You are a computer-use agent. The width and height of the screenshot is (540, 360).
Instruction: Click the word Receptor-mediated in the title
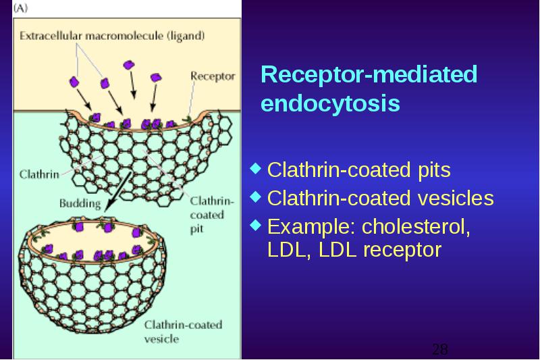tap(369, 74)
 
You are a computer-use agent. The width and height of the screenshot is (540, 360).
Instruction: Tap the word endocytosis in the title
tap(331, 103)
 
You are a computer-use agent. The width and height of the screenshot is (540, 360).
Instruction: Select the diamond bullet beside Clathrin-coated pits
tap(255, 168)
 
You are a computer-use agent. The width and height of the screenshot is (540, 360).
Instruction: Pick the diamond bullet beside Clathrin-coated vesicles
tap(255, 197)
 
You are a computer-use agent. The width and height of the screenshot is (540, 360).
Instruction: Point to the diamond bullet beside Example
tap(255, 225)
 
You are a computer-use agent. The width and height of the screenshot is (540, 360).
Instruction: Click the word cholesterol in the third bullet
tap(416, 227)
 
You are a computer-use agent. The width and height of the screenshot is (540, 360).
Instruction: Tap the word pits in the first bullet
tap(434, 170)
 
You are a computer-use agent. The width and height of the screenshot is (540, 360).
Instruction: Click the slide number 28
tap(440, 349)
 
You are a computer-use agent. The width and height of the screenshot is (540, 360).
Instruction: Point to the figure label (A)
tap(20, 8)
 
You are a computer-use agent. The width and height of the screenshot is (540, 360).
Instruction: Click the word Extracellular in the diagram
tap(51, 36)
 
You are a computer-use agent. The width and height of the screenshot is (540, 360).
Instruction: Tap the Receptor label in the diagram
tap(213, 76)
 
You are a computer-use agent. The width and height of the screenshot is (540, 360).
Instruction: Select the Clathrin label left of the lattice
tap(39, 174)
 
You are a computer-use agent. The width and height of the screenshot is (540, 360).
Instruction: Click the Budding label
tap(80, 203)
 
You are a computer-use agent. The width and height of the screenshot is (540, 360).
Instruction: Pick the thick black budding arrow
tap(117, 192)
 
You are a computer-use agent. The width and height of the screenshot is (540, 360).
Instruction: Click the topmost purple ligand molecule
tap(129, 65)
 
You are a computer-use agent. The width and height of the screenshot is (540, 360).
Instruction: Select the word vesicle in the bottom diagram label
tap(161, 339)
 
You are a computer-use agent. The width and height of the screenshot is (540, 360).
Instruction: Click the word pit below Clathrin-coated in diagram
tap(196, 229)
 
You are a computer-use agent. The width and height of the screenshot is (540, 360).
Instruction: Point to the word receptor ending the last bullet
tap(402, 251)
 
